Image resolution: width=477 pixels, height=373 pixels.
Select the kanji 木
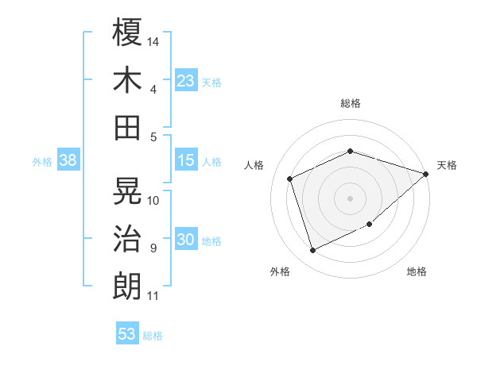tap(127, 80)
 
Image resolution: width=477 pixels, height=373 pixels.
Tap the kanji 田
tap(127, 127)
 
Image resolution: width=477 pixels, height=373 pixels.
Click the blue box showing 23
tap(186, 80)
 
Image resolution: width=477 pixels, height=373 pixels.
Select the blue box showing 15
tap(186, 160)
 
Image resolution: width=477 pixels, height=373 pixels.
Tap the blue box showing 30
tap(186, 240)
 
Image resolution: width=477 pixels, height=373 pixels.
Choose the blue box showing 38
tap(68, 160)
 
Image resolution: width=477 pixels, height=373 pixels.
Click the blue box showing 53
tap(127, 334)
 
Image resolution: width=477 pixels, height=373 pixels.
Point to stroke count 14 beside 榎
tap(153, 40)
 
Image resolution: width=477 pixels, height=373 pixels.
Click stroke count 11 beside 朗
tap(153, 296)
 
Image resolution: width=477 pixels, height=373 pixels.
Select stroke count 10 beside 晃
tap(153, 200)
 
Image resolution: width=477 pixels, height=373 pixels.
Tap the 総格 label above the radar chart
tap(350, 103)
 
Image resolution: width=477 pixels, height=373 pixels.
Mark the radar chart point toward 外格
tap(312, 251)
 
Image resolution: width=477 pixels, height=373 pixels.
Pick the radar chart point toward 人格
tap(290, 179)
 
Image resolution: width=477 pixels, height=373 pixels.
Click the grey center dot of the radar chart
tap(350, 198)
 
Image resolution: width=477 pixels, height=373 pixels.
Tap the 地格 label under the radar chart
tap(417, 272)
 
